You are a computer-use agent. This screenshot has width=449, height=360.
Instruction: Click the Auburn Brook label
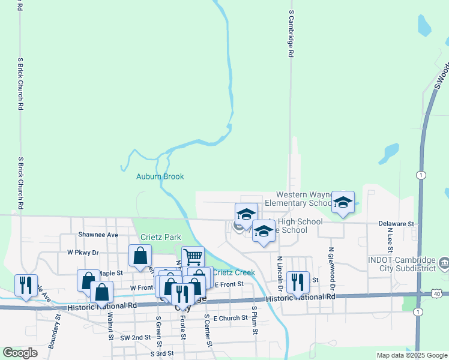(160, 176)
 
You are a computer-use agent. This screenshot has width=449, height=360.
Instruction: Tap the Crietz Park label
(161, 238)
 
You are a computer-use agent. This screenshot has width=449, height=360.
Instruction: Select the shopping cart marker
(193, 257)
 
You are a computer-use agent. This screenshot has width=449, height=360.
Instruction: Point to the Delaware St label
(396, 224)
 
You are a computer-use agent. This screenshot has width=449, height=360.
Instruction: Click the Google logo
(20, 353)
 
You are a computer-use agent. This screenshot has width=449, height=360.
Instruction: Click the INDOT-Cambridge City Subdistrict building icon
(444, 263)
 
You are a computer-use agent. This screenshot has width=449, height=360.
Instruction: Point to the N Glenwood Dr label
(330, 265)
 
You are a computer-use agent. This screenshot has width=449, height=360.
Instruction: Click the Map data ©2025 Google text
(411, 355)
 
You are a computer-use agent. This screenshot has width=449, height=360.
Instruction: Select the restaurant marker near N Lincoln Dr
(298, 283)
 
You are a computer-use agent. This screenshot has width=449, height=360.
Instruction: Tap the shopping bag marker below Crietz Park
(140, 256)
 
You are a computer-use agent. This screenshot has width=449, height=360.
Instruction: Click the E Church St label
(231, 318)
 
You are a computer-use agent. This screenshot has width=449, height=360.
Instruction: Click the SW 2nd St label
(135, 338)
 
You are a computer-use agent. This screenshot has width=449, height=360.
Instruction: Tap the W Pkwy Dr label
(83, 253)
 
